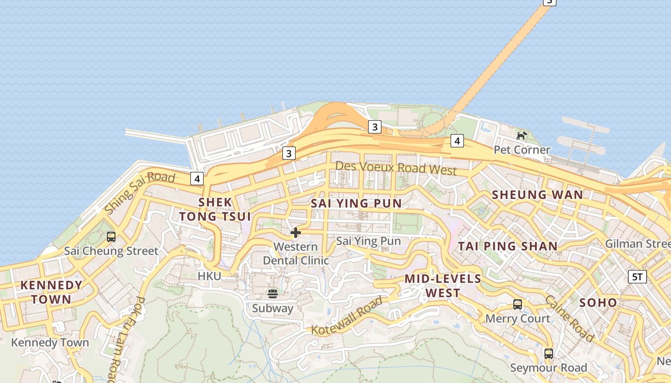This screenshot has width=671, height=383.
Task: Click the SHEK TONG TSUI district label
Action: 215,209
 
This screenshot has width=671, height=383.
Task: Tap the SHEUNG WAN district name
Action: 537,195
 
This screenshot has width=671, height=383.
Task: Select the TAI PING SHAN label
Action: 508,247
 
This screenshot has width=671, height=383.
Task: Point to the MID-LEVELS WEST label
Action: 442,286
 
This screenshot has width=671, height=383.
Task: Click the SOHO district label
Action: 598,303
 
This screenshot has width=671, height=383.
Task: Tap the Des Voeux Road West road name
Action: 396,168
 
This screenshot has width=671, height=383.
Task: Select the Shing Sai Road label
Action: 139,192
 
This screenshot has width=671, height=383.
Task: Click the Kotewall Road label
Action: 347,316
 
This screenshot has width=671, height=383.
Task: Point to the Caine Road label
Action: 569,318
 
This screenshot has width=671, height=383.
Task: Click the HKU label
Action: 209,276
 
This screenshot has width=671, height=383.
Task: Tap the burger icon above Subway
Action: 273,293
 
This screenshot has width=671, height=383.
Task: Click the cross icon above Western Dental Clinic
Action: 296,233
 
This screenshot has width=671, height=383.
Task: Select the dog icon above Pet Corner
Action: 521,135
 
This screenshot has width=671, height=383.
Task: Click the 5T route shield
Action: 637,276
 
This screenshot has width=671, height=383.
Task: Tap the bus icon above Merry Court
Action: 518,304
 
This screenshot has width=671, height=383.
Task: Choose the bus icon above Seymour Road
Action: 549,354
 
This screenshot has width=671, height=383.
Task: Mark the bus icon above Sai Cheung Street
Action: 111,237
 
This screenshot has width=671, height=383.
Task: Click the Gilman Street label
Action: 637,244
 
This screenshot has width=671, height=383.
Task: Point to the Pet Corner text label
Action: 522,150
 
